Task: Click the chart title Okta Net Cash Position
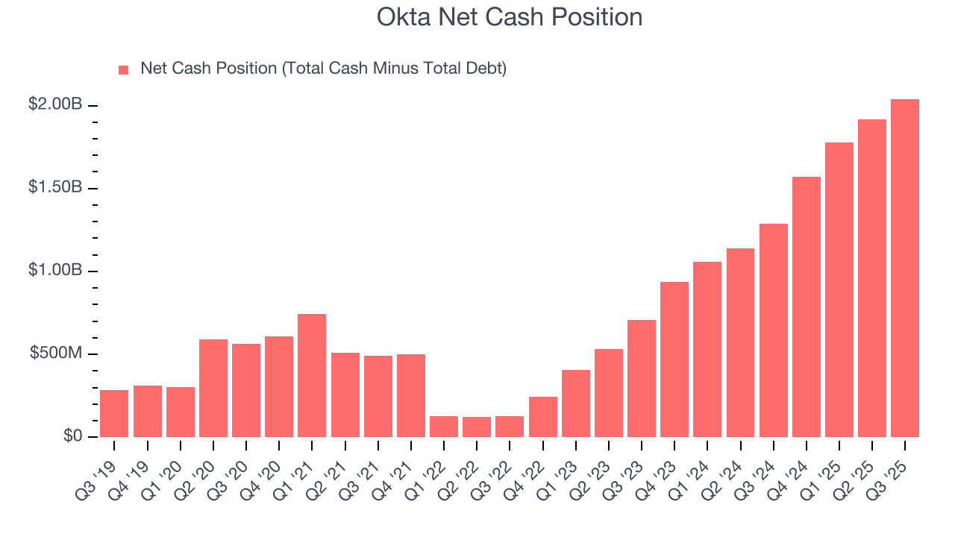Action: coord(510,17)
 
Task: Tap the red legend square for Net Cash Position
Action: coord(124,69)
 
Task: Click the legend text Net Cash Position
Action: coord(323,69)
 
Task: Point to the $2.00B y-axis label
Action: coord(55,104)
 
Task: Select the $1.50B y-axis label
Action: coord(55,187)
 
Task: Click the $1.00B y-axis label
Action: coord(55,270)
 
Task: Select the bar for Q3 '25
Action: coord(904,268)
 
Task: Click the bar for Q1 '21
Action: coord(312,375)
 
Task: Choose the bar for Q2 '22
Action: coord(477,427)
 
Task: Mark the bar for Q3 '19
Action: coord(114,413)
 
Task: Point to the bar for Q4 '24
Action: coord(806,307)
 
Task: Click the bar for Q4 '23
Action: coord(674,359)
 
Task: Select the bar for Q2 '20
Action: coord(213,388)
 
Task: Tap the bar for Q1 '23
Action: coord(575,403)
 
